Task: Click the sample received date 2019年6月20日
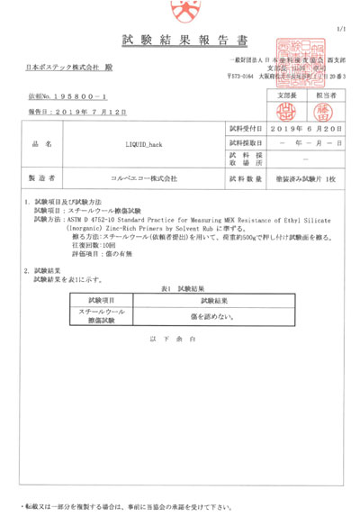point(302,129)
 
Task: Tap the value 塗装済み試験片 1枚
point(302,179)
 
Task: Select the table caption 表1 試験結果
point(179,288)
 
